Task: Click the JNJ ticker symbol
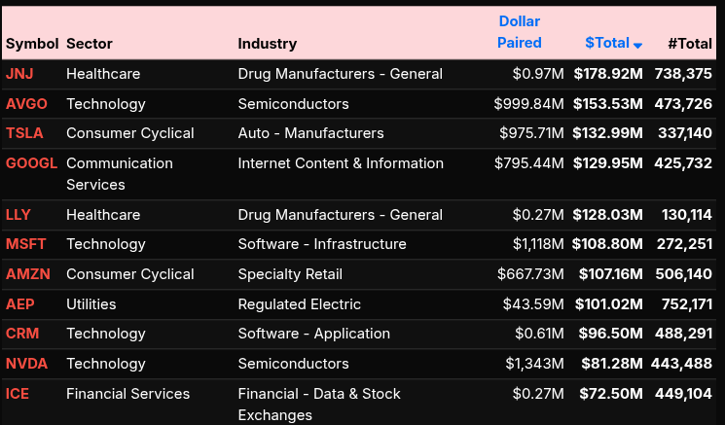(x=19, y=74)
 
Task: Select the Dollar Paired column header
(x=519, y=32)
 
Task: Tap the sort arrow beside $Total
(x=637, y=45)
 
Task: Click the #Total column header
(x=690, y=43)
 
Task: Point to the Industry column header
(x=267, y=43)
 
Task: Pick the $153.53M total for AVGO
(x=607, y=104)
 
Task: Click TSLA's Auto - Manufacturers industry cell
(x=310, y=133)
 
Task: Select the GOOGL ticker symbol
(x=31, y=163)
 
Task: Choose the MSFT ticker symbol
(x=26, y=244)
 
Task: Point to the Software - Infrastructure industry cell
(x=322, y=244)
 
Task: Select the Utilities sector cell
(x=91, y=304)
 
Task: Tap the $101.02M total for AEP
(x=607, y=304)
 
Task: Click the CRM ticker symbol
(x=22, y=334)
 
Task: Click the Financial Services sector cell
(x=127, y=394)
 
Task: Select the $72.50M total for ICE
(x=611, y=394)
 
